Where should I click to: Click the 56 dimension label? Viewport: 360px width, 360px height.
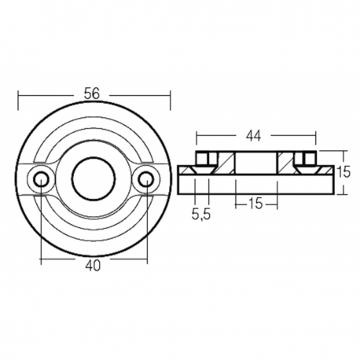pyautogui.click(x=93, y=94)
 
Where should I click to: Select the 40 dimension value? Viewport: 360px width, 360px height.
pyautogui.click(x=93, y=266)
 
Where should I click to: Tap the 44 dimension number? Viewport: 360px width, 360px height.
pyautogui.click(x=252, y=135)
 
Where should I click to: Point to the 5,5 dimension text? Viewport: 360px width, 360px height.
pyautogui.click(x=201, y=213)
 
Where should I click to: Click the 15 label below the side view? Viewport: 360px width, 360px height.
pyautogui.click(x=255, y=203)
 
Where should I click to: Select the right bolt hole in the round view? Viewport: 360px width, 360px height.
pyautogui.click(x=145, y=179)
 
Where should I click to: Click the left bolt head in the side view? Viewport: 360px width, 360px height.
pyautogui.click(x=202, y=161)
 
